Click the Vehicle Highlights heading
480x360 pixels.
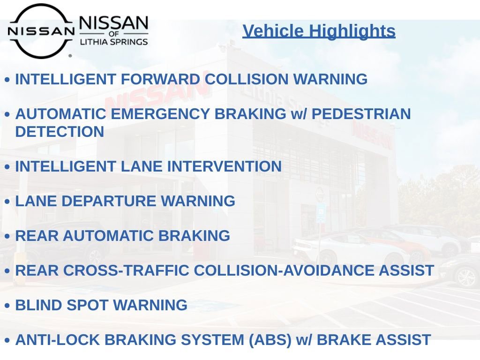(319, 31)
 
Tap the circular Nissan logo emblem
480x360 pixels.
(41, 31)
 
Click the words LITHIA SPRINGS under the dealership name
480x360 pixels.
(114, 42)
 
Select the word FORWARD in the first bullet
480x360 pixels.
(160, 79)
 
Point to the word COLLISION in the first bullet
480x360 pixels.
(247, 79)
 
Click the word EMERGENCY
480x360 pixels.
(160, 114)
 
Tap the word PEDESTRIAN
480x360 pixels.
(361, 114)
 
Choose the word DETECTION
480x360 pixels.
(60, 132)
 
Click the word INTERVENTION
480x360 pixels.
(225, 166)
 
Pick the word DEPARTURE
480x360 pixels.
(109, 201)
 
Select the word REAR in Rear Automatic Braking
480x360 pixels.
(37, 236)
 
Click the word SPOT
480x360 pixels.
(87, 305)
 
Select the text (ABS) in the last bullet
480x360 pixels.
(270, 340)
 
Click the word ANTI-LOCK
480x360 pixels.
(57, 340)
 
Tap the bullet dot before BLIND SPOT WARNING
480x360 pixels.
(7, 306)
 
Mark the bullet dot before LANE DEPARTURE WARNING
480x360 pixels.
(7, 202)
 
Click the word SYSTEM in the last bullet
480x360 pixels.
(212, 340)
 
